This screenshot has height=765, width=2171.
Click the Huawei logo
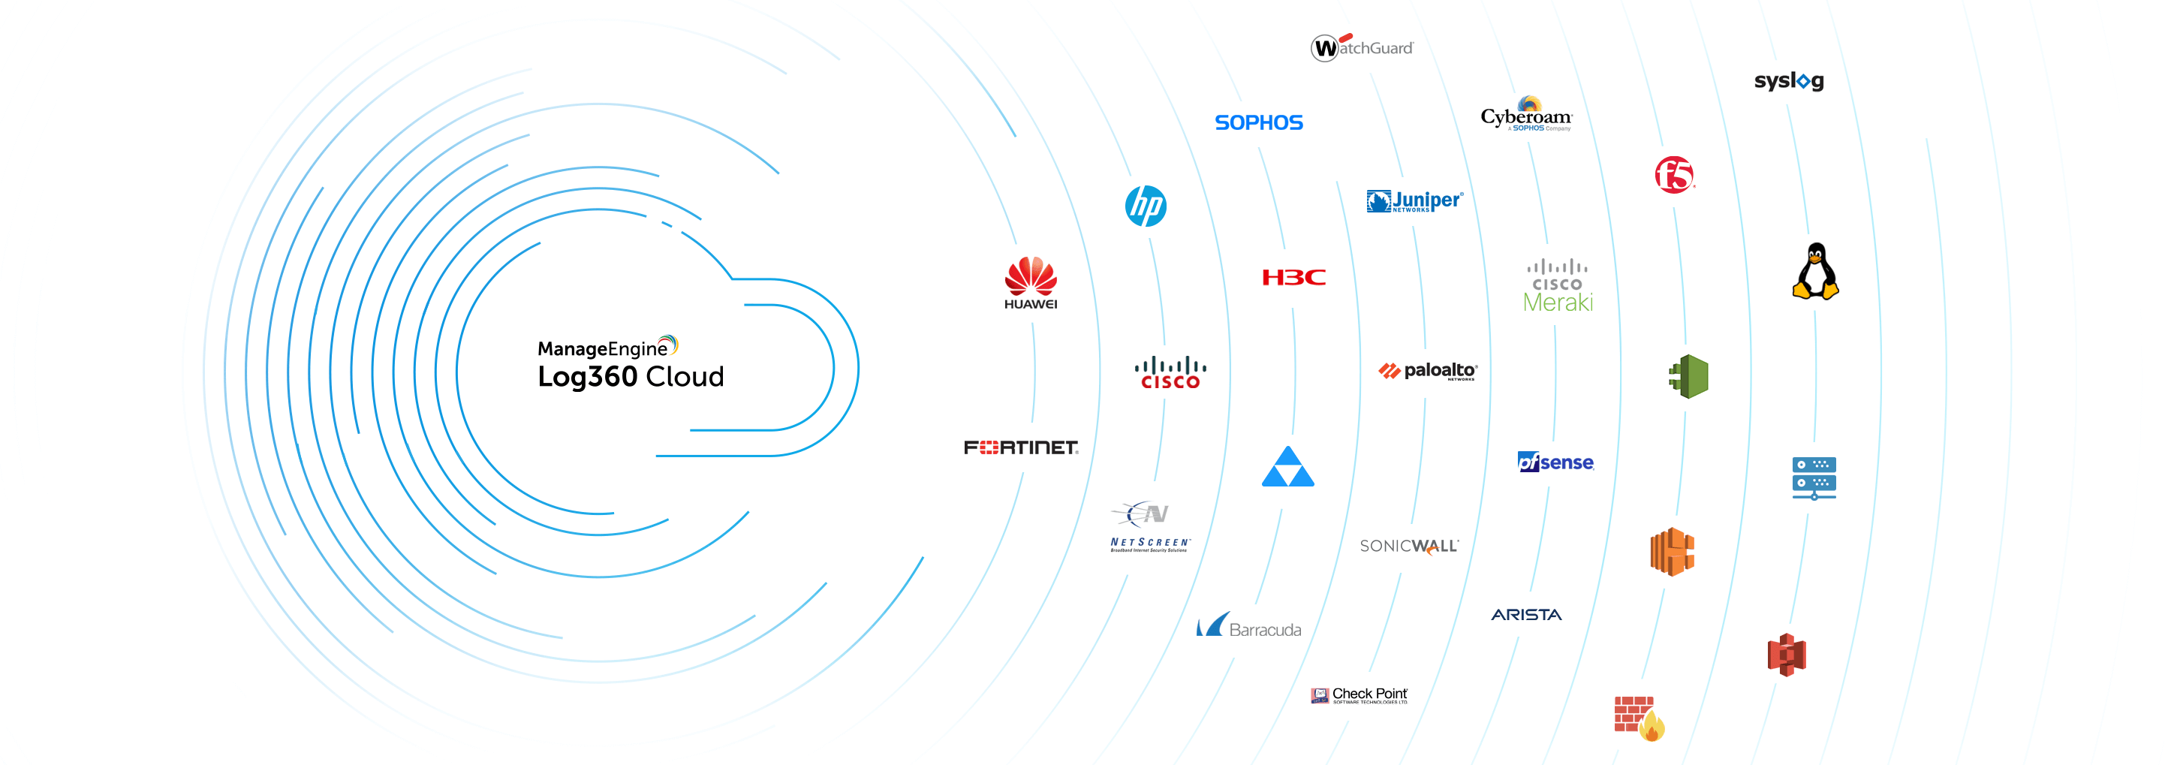click(x=1030, y=282)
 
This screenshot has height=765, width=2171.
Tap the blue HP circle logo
click(x=1146, y=206)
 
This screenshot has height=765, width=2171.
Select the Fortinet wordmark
click(x=1021, y=447)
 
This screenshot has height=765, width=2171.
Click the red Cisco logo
click(x=1170, y=372)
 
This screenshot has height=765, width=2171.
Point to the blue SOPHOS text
click(x=1258, y=123)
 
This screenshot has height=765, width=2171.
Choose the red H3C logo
click(x=1293, y=277)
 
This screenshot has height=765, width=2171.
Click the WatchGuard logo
click(x=1362, y=47)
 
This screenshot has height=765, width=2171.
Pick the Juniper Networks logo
click(x=1414, y=200)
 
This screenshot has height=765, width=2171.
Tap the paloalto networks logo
click(x=1428, y=371)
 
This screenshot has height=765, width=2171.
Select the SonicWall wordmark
click(x=1409, y=546)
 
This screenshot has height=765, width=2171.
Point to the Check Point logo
click(x=1359, y=695)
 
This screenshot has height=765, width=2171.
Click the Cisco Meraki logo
click(x=1558, y=287)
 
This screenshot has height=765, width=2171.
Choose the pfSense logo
click(x=1555, y=462)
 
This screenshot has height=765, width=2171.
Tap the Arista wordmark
click(x=1526, y=614)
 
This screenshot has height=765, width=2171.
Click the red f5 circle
click(x=1674, y=174)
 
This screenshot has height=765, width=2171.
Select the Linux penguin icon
click(x=1815, y=271)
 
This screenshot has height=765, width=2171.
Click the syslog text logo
click(x=1788, y=81)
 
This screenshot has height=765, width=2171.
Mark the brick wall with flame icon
click(x=1638, y=718)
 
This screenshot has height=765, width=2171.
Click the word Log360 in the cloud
click(x=588, y=377)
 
